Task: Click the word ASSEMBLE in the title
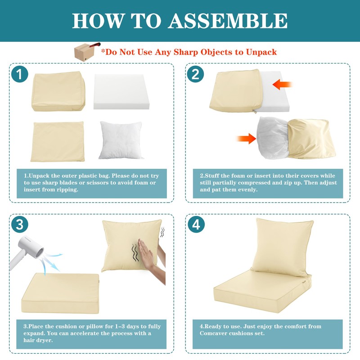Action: [x=228, y=21]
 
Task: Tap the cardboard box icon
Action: [x=84, y=52]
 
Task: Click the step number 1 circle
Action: [x=19, y=74]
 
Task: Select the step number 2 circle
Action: [x=195, y=74]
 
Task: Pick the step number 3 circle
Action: [x=19, y=224]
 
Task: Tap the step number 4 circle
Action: [x=196, y=224]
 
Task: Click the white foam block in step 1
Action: [x=121, y=91]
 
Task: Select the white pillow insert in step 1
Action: [x=121, y=140]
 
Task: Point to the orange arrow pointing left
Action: [x=283, y=85]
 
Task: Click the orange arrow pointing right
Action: [x=246, y=139]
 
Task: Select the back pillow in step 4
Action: [x=283, y=247]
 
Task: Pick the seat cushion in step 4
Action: [x=262, y=291]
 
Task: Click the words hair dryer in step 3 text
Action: [x=38, y=340]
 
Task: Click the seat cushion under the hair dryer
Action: [x=60, y=293]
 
